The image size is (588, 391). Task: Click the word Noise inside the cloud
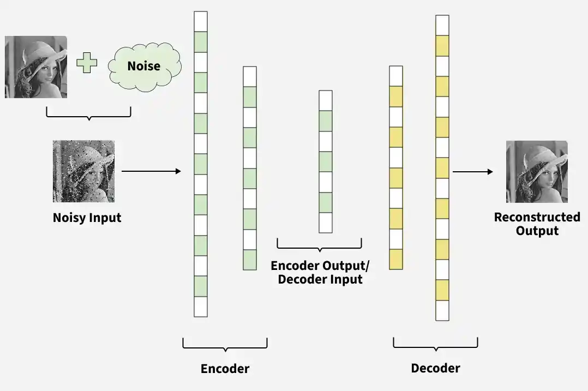click(143, 66)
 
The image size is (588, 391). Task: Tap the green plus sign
click(87, 63)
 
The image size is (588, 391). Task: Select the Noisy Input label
click(87, 218)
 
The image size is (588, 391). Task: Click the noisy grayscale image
click(83, 171)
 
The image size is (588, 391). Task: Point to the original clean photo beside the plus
click(36, 67)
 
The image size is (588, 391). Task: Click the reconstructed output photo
click(537, 172)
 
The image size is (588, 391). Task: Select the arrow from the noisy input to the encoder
click(151, 171)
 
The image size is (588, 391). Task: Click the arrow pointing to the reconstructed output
click(472, 172)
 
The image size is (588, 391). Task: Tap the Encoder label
click(225, 369)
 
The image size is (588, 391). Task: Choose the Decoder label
click(435, 368)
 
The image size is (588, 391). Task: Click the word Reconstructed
click(537, 217)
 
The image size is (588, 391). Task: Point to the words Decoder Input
click(320, 280)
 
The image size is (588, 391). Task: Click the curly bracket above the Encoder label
click(225, 347)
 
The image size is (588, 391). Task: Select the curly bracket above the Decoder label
click(435, 347)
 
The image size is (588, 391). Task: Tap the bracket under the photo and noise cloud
click(88, 116)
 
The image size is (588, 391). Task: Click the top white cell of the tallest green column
click(201, 22)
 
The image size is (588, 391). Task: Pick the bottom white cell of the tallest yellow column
click(442, 310)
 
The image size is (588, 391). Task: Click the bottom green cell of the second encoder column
click(250, 260)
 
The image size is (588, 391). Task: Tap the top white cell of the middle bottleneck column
click(326, 100)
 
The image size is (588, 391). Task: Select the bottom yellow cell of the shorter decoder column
click(396, 260)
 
